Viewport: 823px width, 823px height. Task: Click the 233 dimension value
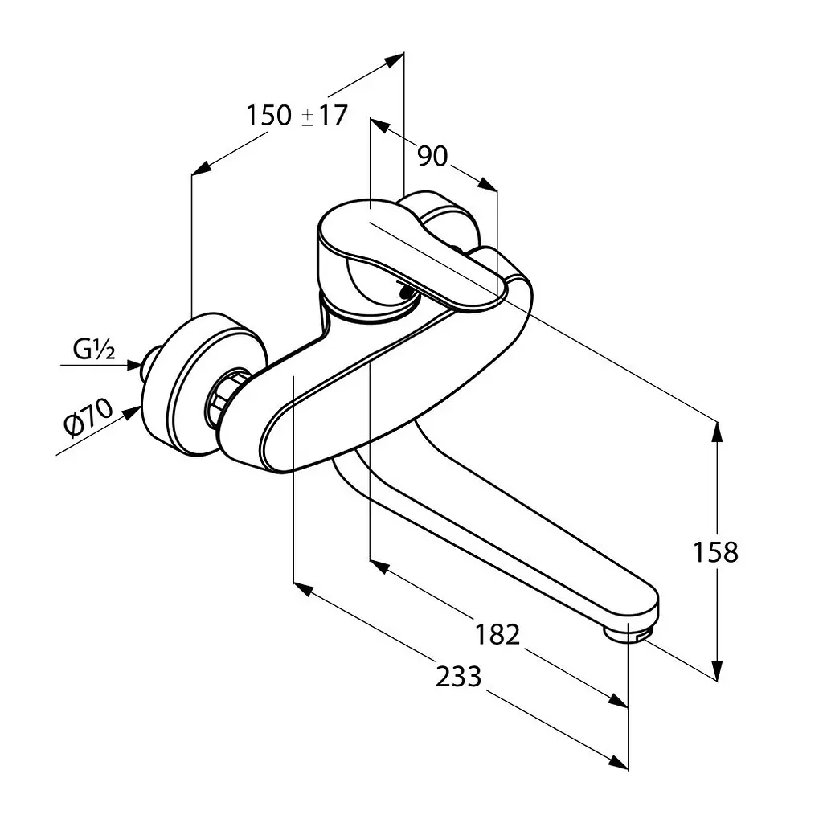click(x=458, y=676)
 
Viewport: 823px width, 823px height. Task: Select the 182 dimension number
click(x=497, y=634)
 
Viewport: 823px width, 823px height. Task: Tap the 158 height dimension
click(x=715, y=552)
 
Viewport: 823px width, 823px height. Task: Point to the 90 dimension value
click(x=432, y=156)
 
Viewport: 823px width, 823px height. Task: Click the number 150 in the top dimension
click(x=268, y=116)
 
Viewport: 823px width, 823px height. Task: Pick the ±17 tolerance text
click(x=325, y=116)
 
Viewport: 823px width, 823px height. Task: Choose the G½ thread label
click(x=94, y=349)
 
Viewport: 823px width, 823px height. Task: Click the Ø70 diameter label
click(x=88, y=417)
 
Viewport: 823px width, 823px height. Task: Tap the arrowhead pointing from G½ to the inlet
click(x=134, y=365)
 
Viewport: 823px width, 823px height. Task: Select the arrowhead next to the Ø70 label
click(x=132, y=412)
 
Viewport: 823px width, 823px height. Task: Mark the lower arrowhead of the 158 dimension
click(x=716, y=670)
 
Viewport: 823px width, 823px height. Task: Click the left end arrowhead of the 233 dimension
click(x=303, y=589)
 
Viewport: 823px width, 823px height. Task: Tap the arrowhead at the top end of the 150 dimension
click(x=394, y=60)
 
